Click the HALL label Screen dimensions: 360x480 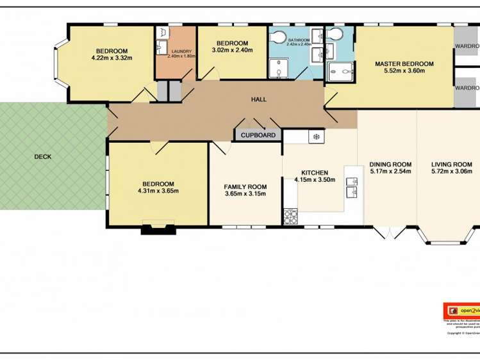258,100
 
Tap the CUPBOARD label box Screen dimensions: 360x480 258,135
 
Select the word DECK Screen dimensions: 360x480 43,156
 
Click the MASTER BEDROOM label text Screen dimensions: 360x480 404,64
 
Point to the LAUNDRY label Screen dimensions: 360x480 181,51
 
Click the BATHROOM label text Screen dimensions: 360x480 299,40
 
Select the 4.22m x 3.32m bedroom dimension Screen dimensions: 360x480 112,58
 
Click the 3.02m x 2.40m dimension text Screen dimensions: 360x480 232,50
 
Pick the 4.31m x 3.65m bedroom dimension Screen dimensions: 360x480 158,190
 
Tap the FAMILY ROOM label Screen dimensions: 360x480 245,186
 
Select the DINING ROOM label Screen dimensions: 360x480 390,164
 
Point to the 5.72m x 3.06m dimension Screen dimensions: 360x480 456,171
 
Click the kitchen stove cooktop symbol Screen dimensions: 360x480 291,217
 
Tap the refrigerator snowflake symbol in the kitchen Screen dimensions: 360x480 315,136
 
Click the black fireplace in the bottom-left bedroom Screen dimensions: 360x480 158,228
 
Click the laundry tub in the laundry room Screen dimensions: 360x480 161,46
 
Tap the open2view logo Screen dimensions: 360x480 462,310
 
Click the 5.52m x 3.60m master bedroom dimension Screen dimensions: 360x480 404,72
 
